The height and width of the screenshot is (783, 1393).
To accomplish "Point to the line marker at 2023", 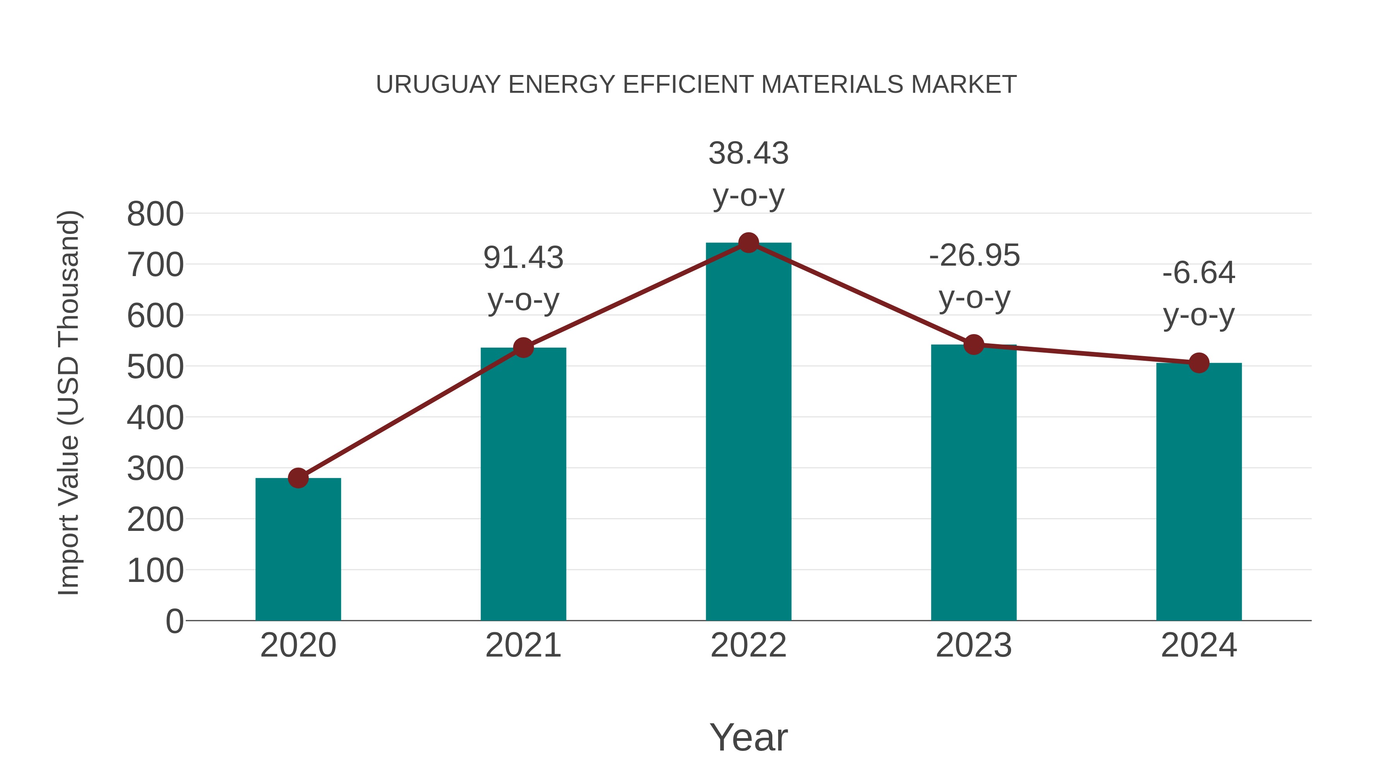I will [974, 344].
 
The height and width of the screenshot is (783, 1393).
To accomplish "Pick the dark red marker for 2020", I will [298, 478].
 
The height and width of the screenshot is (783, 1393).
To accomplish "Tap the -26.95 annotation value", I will [974, 256].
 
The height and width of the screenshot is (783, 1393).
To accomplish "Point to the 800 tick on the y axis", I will [155, 214].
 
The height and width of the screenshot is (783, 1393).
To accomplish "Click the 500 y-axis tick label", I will [155, 367].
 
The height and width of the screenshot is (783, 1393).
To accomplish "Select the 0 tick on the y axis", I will [174, 621].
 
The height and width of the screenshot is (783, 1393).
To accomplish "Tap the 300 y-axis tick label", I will [155, 469].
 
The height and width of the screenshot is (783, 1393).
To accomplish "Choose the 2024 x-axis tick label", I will [1199, 645].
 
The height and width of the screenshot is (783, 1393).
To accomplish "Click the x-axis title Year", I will [748, 737].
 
